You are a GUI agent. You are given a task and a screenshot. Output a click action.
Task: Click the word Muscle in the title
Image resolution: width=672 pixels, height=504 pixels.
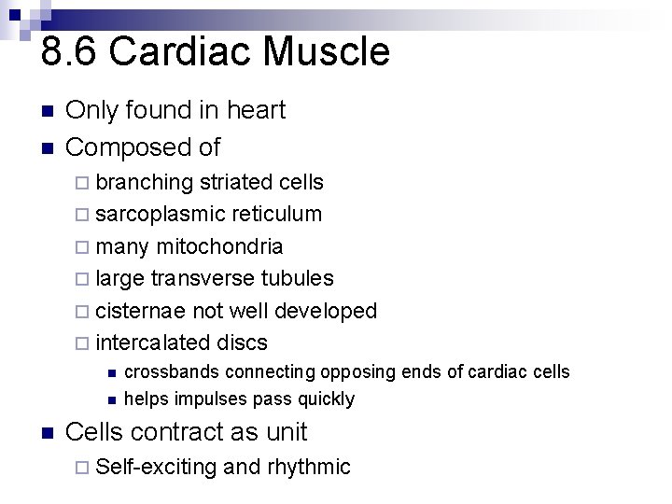pyautogui.click(x=326, y=52)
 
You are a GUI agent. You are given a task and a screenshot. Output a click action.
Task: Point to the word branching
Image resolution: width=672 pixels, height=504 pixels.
pyautogui.click(x=144, y=182)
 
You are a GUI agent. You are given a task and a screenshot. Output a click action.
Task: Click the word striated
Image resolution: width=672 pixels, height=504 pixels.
pyautogui.click(x=236, y=182)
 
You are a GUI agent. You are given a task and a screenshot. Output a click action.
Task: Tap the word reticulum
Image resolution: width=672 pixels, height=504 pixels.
pyautogui.click(x=276, y=215)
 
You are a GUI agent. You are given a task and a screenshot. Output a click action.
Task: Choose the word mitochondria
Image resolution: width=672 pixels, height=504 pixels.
pyautogui.click(x=220, y=246)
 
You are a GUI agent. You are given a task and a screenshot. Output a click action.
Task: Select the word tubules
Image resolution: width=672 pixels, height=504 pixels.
pyautogui.click(x=298, y=278)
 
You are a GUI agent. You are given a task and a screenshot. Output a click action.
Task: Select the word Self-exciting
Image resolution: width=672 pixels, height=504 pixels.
pyautogui.click(x=156, y=467)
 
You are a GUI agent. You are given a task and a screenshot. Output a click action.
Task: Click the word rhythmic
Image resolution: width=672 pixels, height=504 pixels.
pyautogui.click(x=308, y=467)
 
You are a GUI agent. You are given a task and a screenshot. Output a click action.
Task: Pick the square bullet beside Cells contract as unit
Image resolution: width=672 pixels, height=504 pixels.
pyautogui.click(x=48, y=433)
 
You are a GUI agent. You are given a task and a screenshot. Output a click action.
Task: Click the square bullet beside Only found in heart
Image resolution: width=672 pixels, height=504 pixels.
pyautogui.click(x=48, y=111)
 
